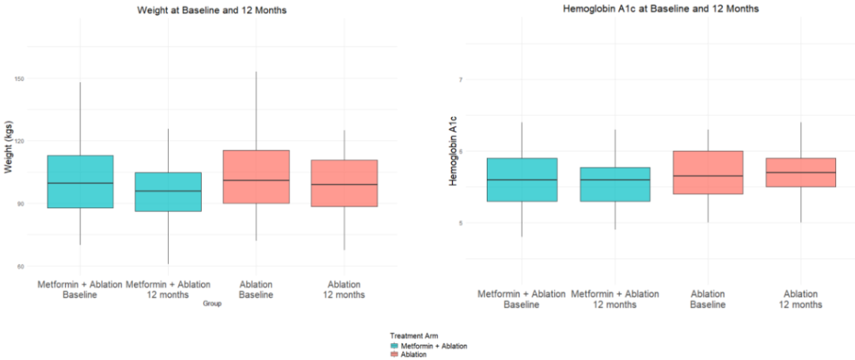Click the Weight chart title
211,9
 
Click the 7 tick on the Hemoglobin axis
459,79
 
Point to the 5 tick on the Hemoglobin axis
459,222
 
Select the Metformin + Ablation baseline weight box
80,181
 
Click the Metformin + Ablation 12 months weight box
168,191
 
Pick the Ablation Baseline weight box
256,176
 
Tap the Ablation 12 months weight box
344,183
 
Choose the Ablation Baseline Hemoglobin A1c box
708,172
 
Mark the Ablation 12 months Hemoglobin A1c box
800,172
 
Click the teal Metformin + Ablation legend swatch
395,346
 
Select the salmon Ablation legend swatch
395,354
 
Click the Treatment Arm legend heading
414,336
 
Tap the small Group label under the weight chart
211,303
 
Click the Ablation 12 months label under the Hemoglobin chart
800,299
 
